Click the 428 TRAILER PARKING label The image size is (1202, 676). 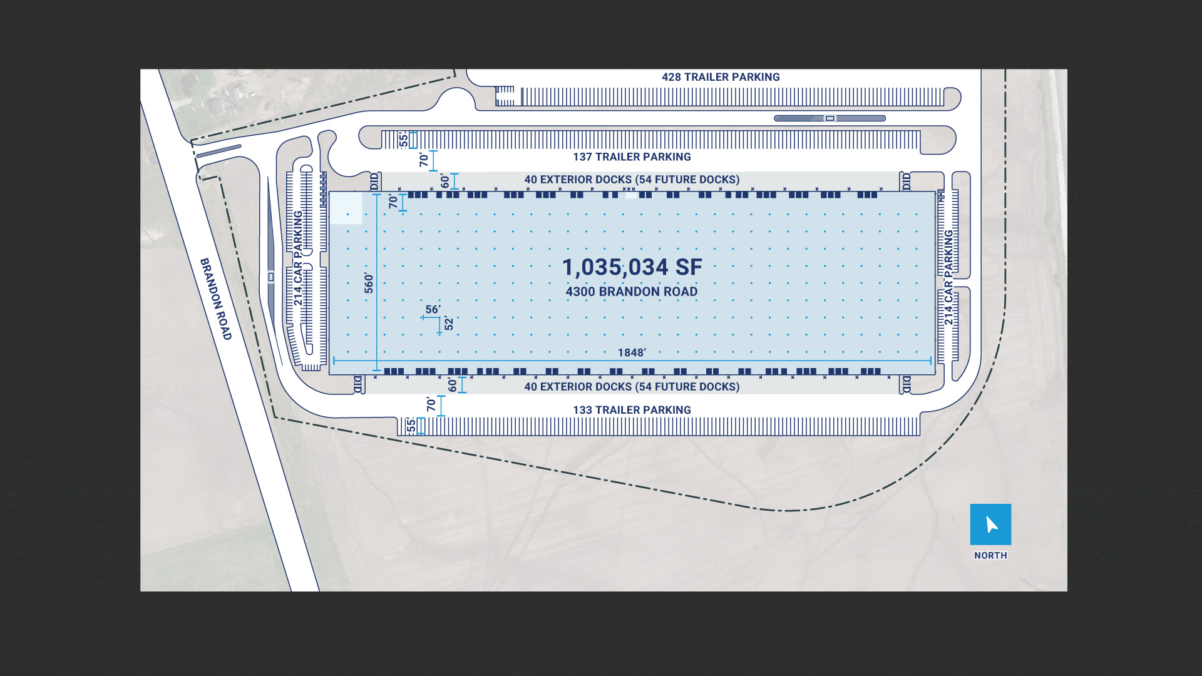click(x=721, y=77)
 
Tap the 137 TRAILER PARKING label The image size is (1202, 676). click(x=632, y=157)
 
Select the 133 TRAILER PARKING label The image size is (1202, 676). click(x=632, y=410)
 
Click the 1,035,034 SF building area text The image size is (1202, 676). click(x=632, y=267)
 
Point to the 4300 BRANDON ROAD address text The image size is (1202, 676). click(x=632, y=292)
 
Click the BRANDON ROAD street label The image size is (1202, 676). click(x=216, y=299)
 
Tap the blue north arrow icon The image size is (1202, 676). click(x=990, y=525)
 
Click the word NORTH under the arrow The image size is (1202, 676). click(x=990, y=556)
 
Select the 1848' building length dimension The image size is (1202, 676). click(x=632, y=352)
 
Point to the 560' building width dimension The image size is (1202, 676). click(x=369, y=283)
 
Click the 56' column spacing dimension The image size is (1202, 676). click(x=433, y=309)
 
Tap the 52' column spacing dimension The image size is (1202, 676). click(x=449, y=324)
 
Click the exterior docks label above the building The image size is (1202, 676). click(x=632, y=180)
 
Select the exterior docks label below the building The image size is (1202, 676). click(x=632, y=387)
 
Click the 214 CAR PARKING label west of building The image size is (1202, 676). click(x=299, y=258)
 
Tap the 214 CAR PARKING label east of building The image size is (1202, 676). click(x=949, y=277)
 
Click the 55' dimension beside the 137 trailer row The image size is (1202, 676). click(x=404, y=140)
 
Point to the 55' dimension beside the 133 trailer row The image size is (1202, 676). click(x=411, y=426)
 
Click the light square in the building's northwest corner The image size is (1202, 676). click(x=346, y=208)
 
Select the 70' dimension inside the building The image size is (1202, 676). click(x=393, y=202)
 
